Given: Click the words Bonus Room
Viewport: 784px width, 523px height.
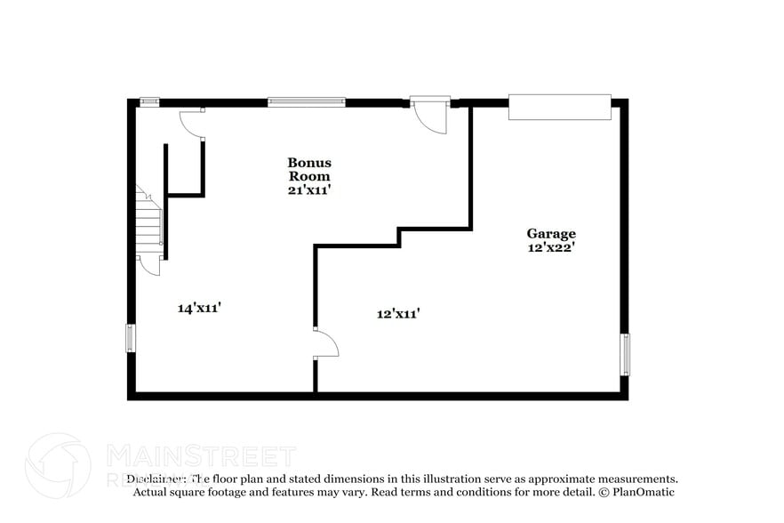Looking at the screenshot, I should (309, 169).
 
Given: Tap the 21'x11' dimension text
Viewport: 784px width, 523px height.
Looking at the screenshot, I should (309, 189).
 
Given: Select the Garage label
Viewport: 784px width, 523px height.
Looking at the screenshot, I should (550, 234).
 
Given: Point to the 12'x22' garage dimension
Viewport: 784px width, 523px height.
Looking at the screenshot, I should (550, 248).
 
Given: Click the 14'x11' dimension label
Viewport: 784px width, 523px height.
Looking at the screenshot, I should (199, 308).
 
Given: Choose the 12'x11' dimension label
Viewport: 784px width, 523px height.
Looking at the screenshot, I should (398, 313).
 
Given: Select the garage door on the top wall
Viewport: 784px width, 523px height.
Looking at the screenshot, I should (559, 107).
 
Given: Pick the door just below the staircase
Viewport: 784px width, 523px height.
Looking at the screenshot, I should (149, 263).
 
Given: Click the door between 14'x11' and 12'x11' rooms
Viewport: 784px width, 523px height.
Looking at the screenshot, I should (325, 343).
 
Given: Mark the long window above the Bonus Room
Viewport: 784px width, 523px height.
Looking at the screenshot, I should (307, 102).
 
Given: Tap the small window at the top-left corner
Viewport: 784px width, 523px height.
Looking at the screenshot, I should (149, 102).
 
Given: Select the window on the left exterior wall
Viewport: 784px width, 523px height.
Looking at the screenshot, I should (132, 338).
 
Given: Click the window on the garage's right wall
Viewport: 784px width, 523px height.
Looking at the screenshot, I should (624, 354).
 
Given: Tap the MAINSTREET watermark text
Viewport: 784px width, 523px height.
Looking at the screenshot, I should (201, 457).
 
